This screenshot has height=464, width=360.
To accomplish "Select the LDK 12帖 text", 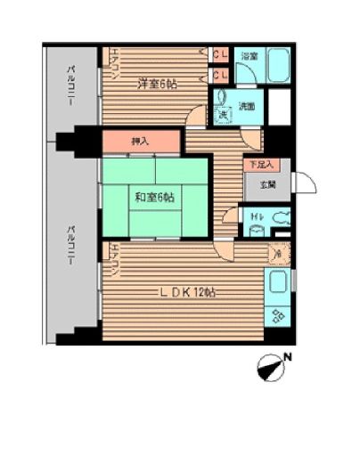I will point(187,292).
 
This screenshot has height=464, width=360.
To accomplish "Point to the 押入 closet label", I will point(140,141).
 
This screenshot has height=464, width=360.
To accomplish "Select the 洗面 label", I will point(247,106).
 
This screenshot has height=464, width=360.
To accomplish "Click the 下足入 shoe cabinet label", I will point(259,165).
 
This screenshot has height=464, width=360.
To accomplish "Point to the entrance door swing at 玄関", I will point(306,183).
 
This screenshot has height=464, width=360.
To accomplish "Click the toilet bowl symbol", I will point(279,216).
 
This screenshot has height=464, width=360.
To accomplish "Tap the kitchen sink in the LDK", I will point(277,285).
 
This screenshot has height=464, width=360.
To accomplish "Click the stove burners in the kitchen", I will point(276,315).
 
